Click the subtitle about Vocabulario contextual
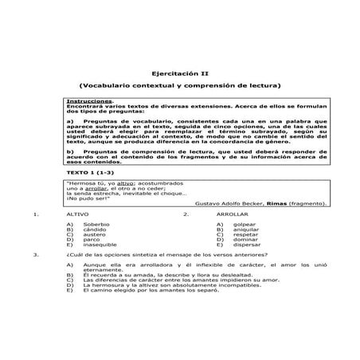click(x=180, y=85)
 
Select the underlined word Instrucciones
click(x=89, y=101)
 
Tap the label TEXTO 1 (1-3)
click(x=89, y=173)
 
